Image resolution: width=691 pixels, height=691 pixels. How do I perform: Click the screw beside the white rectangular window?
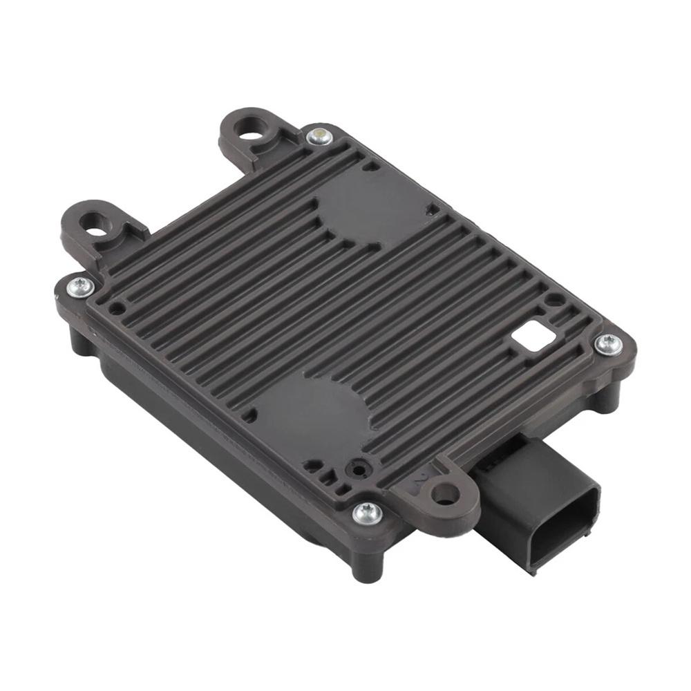608,343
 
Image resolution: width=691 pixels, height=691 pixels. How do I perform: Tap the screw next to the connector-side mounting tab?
367,513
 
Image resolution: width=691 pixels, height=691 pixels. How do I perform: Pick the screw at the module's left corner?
81,286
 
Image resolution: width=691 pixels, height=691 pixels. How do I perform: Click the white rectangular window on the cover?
533,337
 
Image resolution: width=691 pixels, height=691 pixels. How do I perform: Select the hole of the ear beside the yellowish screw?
250,126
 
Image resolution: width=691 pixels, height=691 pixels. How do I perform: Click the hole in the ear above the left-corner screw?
94,223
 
